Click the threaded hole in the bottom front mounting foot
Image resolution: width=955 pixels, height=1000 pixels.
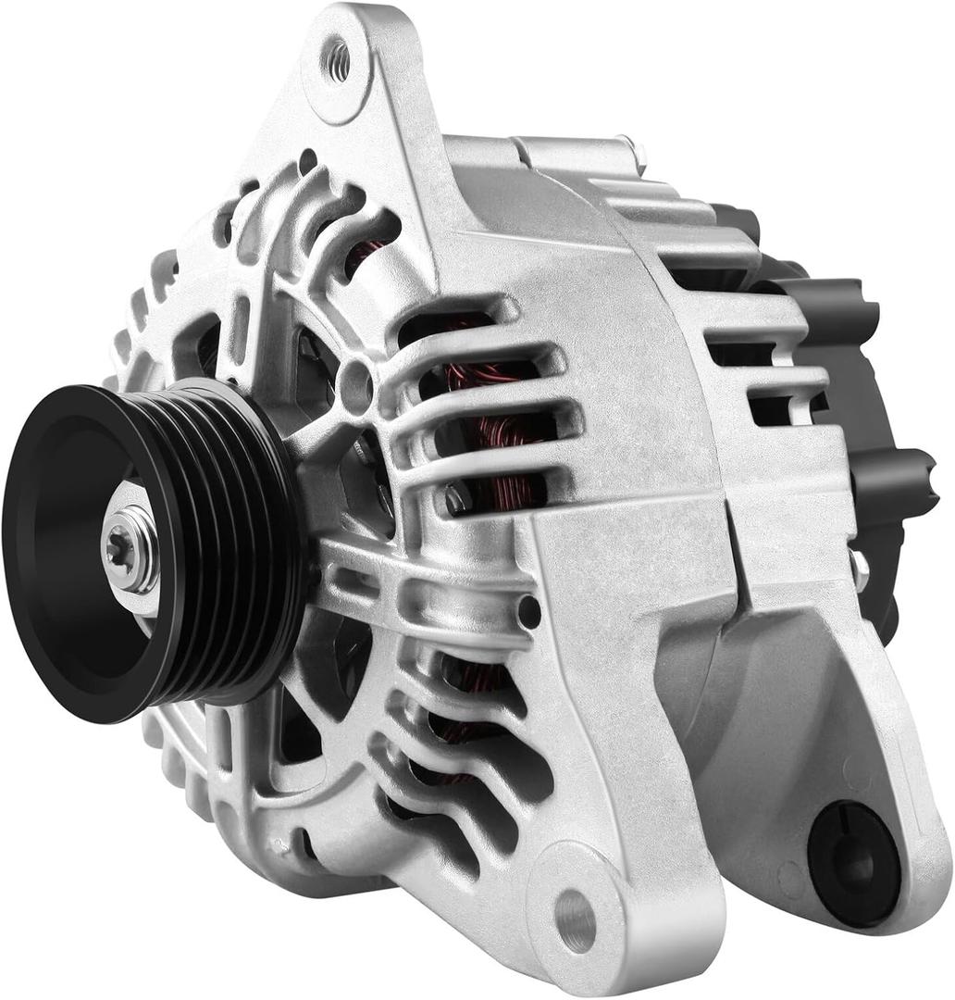576,919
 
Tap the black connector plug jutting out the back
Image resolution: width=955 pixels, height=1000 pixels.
893,477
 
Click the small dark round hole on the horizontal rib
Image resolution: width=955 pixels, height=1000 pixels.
528,611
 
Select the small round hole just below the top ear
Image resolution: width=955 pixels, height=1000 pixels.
307,161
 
